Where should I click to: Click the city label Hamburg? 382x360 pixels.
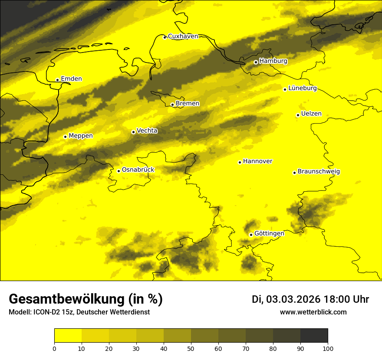(x=273, y=61)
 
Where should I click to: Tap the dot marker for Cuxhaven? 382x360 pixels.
(x=165, y=37)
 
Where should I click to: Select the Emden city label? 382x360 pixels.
(x=71, y=79)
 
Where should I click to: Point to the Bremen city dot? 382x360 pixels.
(x=172, y=105)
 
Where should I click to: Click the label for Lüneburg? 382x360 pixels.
(x=302, y=88)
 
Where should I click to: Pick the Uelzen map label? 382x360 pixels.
(x=311, y=114)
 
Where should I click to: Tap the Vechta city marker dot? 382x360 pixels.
(x=133, y=132)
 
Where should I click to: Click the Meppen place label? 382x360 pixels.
(x=80, y=136)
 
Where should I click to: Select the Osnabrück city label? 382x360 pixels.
(x=138, y=170)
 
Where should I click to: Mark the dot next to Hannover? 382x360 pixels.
(x=240, y=163)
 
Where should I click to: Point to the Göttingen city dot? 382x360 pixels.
(x=251, y=235)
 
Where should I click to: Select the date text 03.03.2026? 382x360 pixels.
(x=293, y=299)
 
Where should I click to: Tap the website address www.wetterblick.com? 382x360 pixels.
(x=313, y=312)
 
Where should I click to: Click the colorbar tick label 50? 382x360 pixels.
(x=191, y=348)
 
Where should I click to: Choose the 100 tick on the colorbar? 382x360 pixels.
(x=328, y=348)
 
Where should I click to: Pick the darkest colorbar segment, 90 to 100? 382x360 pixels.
(x=314, y=335)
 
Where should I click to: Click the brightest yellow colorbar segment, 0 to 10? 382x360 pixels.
(x=68, y=335)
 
